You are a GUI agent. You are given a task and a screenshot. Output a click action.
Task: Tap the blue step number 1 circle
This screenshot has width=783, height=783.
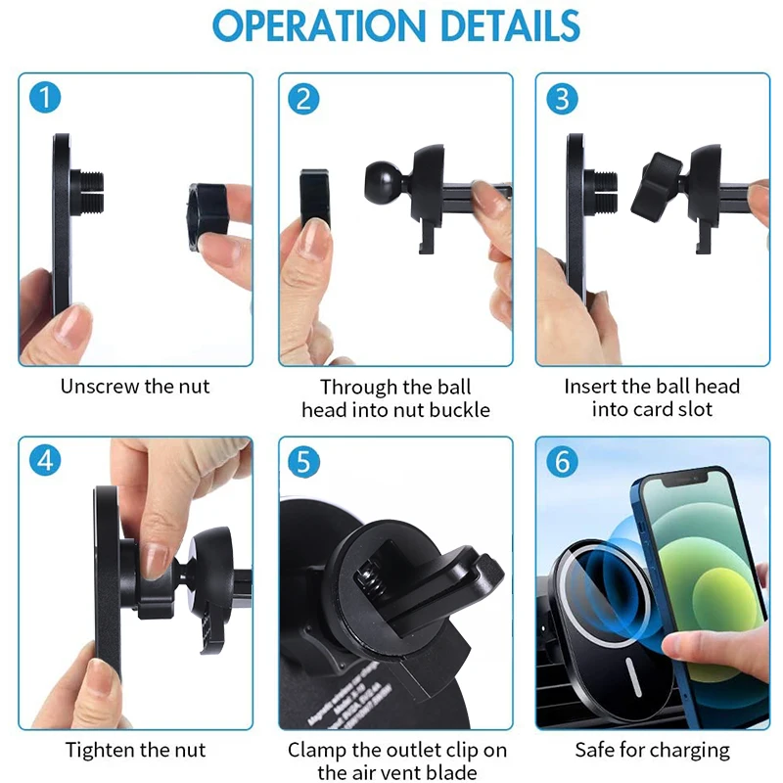[x=45, y=98]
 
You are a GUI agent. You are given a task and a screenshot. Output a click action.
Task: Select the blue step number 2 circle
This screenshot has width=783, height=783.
[x=304, y=98]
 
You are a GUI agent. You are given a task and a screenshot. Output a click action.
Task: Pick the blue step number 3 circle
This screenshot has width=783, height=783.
[x=562, y=98]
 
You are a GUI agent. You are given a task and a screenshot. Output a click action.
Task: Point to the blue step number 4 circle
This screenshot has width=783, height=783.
[x=45, y=459]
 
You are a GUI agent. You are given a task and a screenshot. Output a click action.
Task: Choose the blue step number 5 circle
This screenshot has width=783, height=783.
[x=304, y=459]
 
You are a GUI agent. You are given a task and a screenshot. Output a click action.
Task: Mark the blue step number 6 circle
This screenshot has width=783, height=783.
[x=562, y=461]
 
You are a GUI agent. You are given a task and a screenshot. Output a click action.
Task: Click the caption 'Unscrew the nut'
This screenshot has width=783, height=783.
[x=135, y=386]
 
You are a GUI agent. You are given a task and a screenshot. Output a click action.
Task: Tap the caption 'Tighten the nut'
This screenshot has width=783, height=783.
[x=136, y=751]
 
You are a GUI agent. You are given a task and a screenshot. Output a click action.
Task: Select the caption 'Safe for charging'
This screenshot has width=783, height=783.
[x=652, y=751]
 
